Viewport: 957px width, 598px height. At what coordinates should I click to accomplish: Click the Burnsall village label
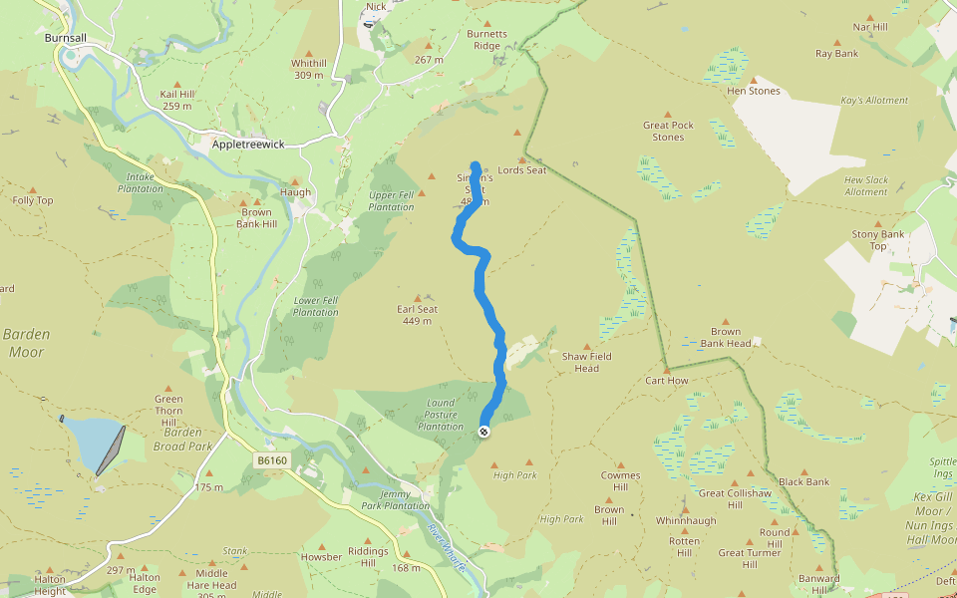(x=66, y=38)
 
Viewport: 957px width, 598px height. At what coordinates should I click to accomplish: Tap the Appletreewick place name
(x=248, y=145)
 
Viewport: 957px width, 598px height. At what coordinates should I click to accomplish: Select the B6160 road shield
(x=270, y=460)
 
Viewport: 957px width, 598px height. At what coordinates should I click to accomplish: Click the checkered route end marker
(x=483, y=432)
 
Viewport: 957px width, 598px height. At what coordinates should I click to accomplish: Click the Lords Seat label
(x=522, y=170)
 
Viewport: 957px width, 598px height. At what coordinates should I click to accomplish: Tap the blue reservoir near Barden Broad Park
(x=92, y=444)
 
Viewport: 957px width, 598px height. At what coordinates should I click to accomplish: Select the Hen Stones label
(x=754, y=92)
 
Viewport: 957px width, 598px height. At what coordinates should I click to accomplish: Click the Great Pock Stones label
(x=668, y=131)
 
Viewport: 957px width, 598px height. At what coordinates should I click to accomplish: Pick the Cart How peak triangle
(x=667, y=369)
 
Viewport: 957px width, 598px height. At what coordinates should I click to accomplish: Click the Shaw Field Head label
(x=586, y=362)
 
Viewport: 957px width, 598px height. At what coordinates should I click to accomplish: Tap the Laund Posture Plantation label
(x=440, y=415)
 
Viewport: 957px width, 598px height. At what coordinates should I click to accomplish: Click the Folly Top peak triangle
(x=32, y=189)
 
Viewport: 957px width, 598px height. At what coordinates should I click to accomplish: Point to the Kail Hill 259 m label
(x=176, y=100)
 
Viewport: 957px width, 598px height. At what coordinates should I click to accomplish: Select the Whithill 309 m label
(x=308, y=69)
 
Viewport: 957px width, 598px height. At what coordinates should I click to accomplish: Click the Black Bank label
(x=803, y=482)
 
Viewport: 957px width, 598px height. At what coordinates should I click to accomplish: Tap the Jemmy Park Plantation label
(x=405, y=500)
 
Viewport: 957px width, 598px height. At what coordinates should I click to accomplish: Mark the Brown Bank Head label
(x=725, y=338)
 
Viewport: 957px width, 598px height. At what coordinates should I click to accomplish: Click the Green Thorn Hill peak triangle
(x=167, y=389)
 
